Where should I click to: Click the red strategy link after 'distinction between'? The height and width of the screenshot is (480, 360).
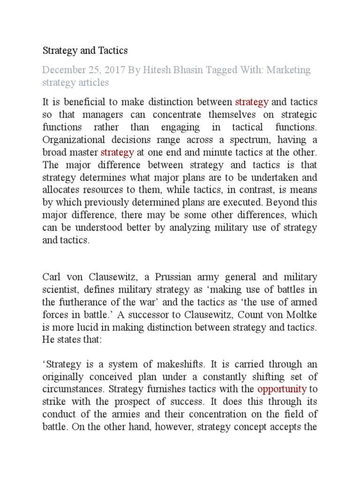(x=252, y=102)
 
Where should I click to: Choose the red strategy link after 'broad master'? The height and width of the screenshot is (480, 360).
(x=117, y=152)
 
